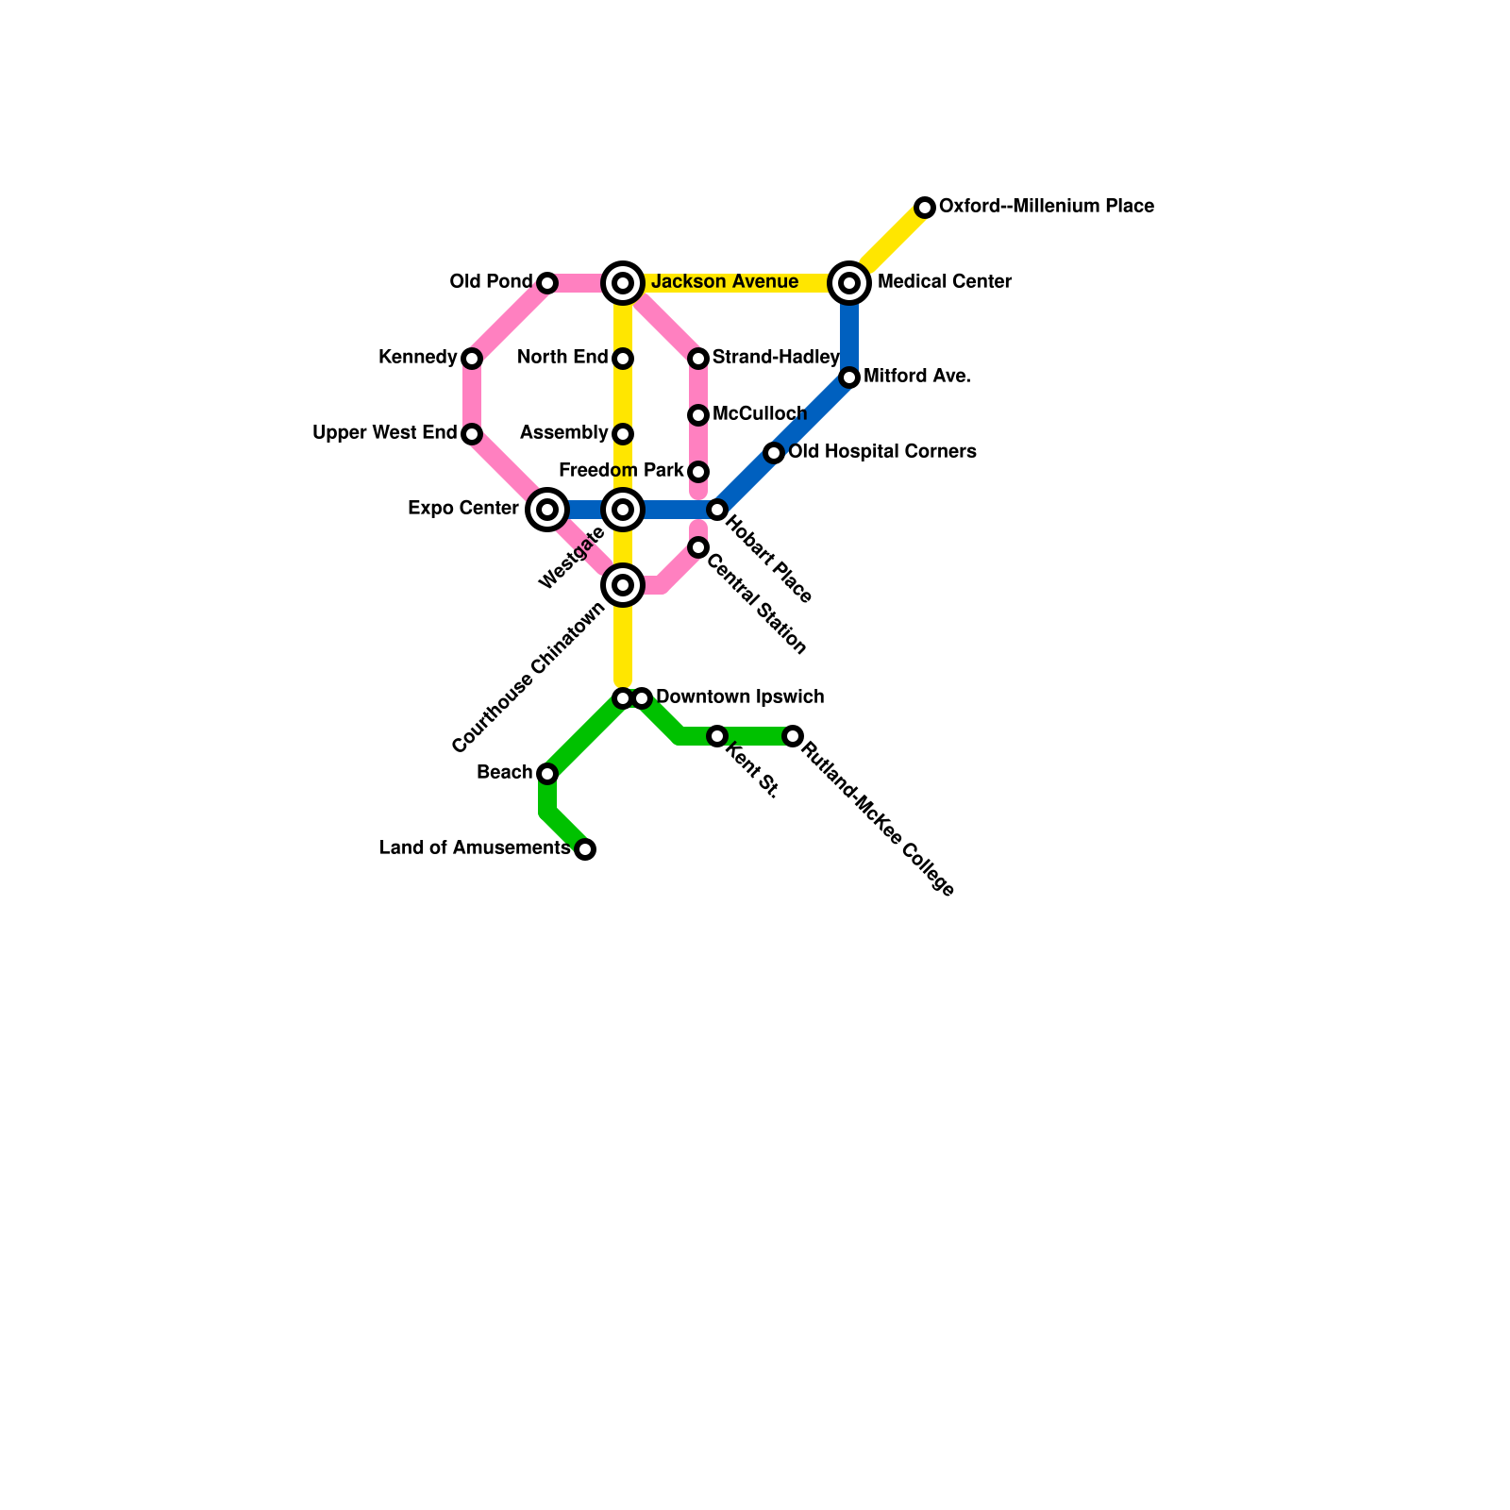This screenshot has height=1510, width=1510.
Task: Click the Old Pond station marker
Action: tap(547, 283)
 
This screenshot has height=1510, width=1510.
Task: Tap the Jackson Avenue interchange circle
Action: tap(623, 283)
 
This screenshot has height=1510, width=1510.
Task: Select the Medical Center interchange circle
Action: tap(849, 283)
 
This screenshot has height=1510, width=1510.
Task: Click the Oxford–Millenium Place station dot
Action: tap(925, 208)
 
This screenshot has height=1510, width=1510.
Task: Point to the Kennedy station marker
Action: tap(472, 359)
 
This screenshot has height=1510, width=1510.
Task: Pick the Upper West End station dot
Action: tap(472, 434)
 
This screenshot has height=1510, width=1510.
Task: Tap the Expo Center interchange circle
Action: tap(547, 510)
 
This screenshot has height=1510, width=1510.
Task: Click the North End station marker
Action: tap(623, 359)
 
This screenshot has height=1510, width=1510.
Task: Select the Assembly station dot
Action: tap(623, 434)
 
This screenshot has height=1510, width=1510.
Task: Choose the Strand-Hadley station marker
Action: tap(698, 359)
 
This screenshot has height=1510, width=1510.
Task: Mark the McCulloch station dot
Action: tap(698, 415)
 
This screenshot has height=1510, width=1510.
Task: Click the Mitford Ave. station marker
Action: tap(849, 377)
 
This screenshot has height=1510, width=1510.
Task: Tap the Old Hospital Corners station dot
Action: tap(774, 453)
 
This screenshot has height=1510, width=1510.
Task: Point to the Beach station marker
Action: tap(547, 774)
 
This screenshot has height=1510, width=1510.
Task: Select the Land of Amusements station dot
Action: tap(585, 849)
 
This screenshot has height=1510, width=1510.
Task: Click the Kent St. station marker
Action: tap(717, 736)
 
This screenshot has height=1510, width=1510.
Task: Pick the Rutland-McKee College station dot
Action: tap(793, 736)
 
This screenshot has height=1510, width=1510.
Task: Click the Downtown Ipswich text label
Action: tap(740, 697)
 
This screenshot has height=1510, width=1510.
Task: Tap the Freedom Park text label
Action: tap(621, 471)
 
